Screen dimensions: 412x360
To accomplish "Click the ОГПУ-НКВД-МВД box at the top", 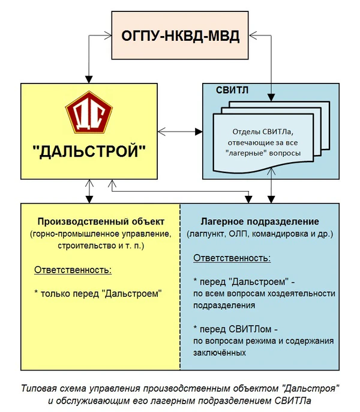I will (181, 35).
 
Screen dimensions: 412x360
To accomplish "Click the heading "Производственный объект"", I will (100, 221).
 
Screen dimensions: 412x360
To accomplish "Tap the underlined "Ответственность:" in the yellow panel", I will (73, 270).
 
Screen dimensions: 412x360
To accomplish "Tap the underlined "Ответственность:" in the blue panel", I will (232, 258).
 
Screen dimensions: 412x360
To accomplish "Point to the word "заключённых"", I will (219, 353).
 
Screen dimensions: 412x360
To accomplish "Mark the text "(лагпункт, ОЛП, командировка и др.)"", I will (259, 233).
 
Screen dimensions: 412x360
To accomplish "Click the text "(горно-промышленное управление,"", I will (100, 233).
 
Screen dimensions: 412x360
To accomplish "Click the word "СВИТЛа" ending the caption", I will (296, 399).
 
